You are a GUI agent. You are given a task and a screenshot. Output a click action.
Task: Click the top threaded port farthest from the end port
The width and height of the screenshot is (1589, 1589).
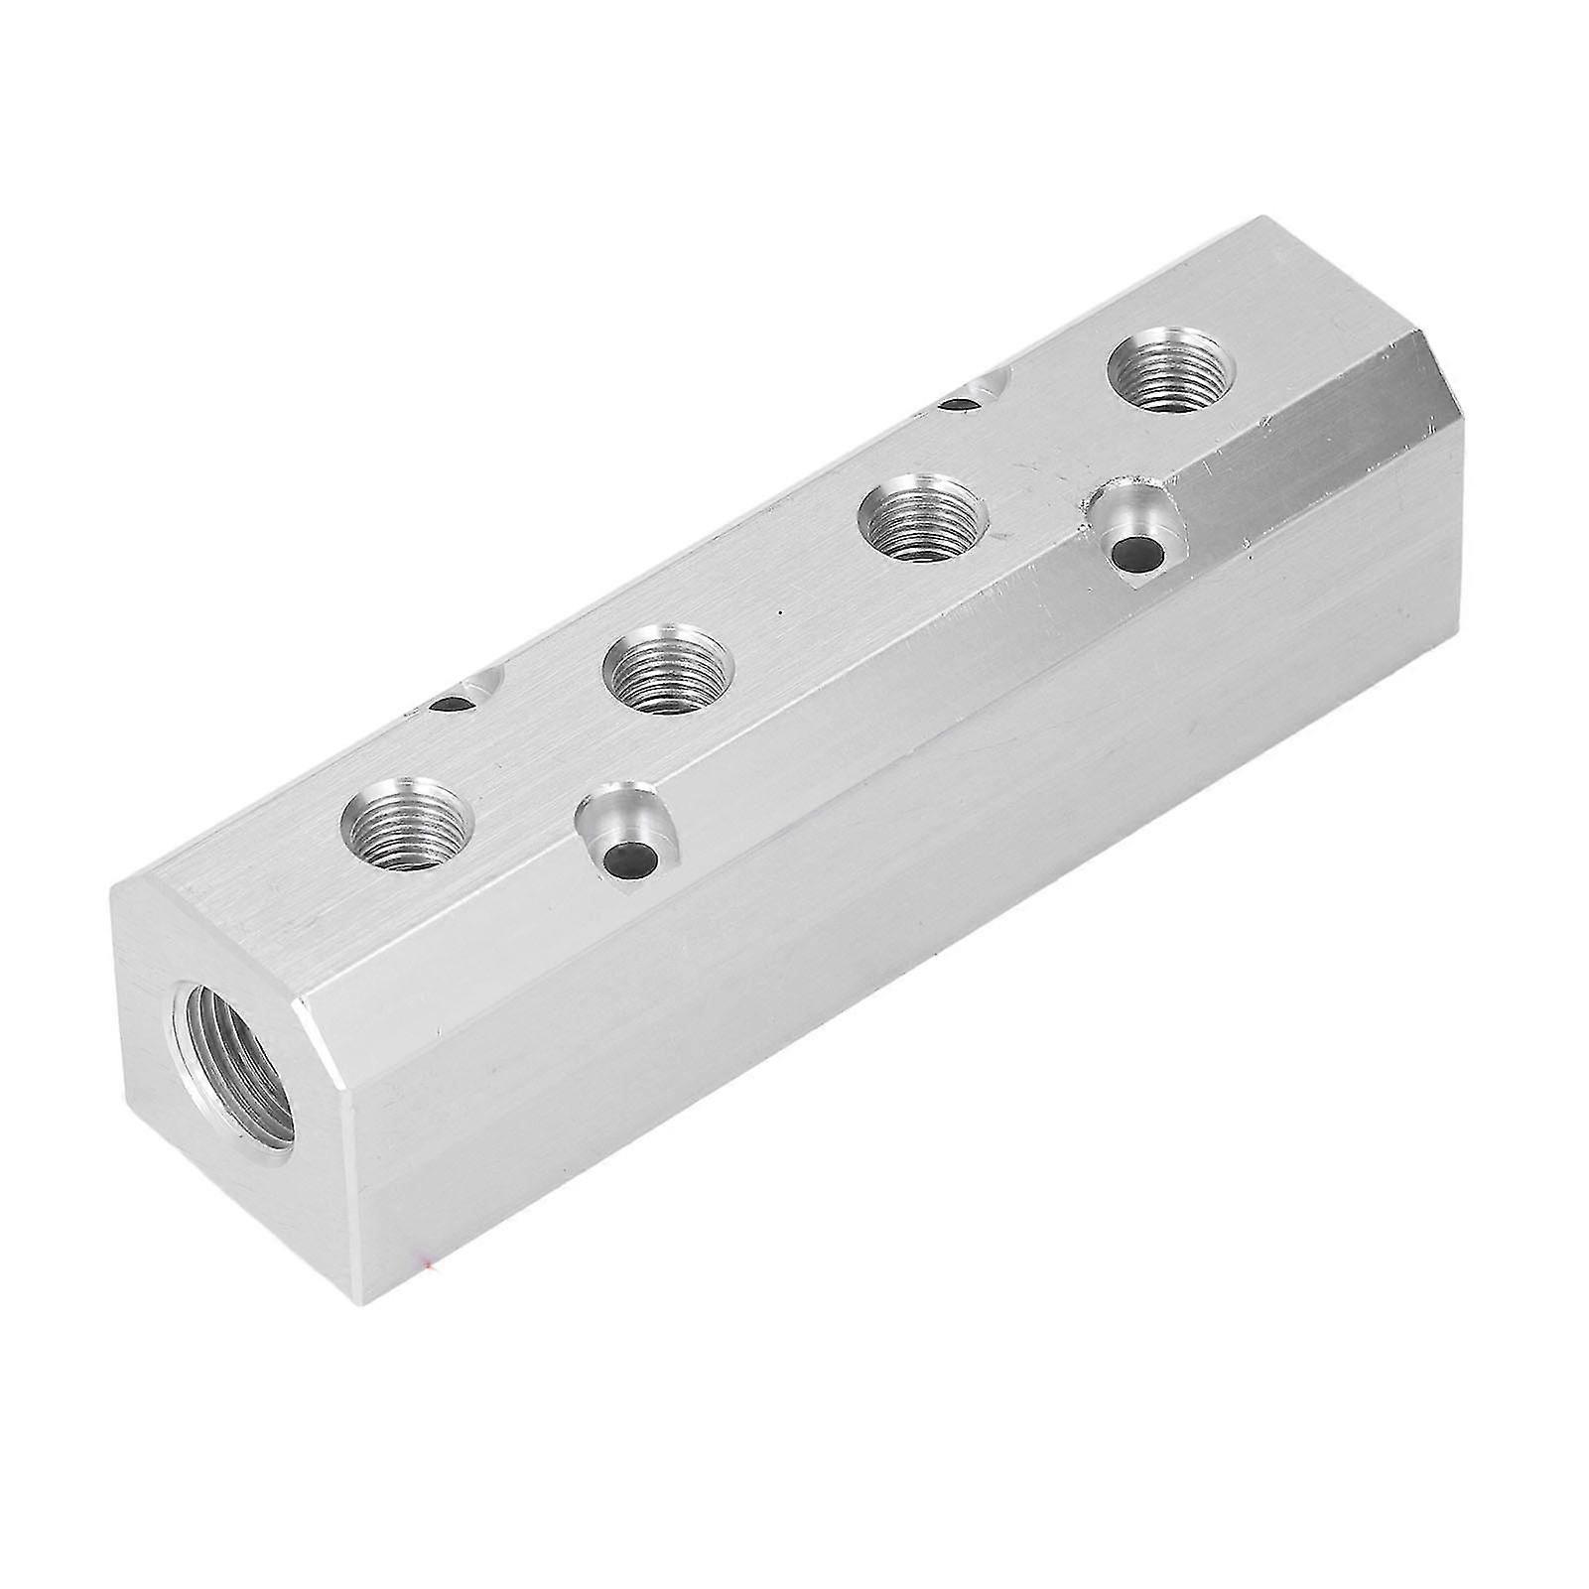pos(1170,371)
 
